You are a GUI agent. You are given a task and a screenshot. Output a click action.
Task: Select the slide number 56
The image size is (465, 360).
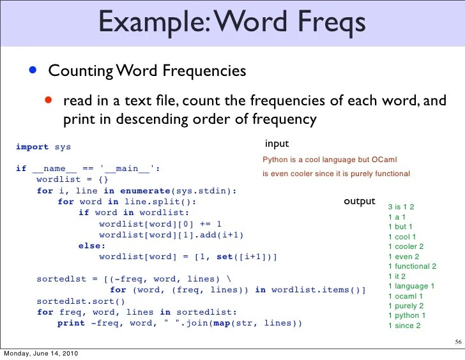pos(457,342)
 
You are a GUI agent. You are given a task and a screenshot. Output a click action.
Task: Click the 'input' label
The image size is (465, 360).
pos(277,144)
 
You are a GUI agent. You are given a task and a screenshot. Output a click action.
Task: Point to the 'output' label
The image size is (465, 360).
pos(360,201)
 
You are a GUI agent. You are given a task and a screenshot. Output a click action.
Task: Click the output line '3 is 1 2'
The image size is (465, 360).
pos(401,207)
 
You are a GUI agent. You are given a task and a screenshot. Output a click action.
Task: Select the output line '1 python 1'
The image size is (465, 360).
pos(407,315)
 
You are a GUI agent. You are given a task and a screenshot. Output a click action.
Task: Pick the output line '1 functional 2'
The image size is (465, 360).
pos(412,266)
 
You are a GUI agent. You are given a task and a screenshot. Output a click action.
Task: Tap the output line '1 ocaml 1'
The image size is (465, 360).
pos(406,296)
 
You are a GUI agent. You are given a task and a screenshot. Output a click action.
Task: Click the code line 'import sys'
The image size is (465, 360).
pos(43,147)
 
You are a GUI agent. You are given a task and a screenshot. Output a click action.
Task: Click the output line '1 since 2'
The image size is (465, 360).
pos(404,326)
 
